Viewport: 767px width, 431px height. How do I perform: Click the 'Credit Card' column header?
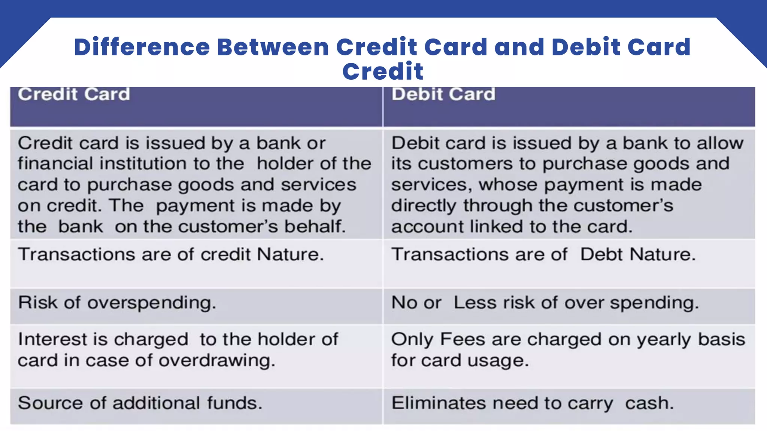coord(74,94)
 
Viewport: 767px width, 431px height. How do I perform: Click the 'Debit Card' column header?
coord(443,94)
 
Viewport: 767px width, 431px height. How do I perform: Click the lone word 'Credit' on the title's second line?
coord(383,71)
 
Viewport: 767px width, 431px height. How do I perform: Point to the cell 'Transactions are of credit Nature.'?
coord(171,255)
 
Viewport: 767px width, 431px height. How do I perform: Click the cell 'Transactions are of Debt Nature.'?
coord(543,255)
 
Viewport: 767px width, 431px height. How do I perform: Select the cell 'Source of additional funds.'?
coord(140,403)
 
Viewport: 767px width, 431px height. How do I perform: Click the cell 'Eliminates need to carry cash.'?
coord(533,403)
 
